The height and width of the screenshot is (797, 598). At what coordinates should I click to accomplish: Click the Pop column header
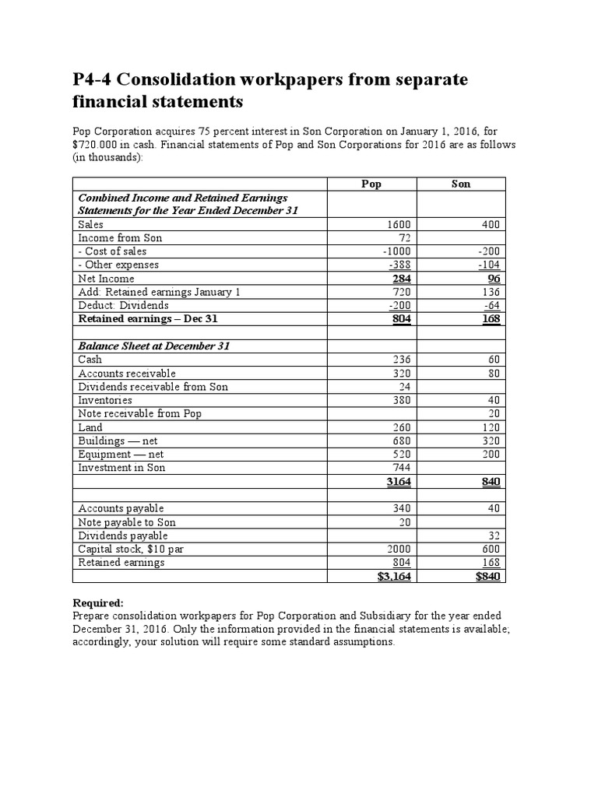372,184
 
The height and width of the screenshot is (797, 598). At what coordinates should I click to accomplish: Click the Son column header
461,184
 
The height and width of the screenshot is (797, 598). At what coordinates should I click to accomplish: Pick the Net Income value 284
401,278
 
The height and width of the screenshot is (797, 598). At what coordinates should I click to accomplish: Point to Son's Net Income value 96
493,278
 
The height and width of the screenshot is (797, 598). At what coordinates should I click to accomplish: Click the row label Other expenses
118,265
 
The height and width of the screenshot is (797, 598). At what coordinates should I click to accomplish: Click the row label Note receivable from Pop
140,413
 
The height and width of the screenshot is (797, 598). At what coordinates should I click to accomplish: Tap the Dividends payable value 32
493,535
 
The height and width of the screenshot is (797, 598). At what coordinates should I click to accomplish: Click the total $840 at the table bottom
487,576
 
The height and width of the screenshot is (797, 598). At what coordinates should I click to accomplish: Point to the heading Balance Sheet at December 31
153,346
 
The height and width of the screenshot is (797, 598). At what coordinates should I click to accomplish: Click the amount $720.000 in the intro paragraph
100,145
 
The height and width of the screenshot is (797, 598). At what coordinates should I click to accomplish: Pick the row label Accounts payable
121,508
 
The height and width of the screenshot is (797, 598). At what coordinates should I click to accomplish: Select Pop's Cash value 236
401,360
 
